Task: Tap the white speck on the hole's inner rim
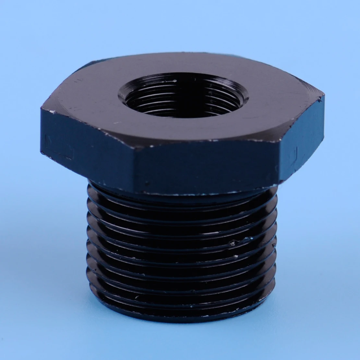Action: click(175, 80)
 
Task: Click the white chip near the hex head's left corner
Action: click(51, 112)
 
